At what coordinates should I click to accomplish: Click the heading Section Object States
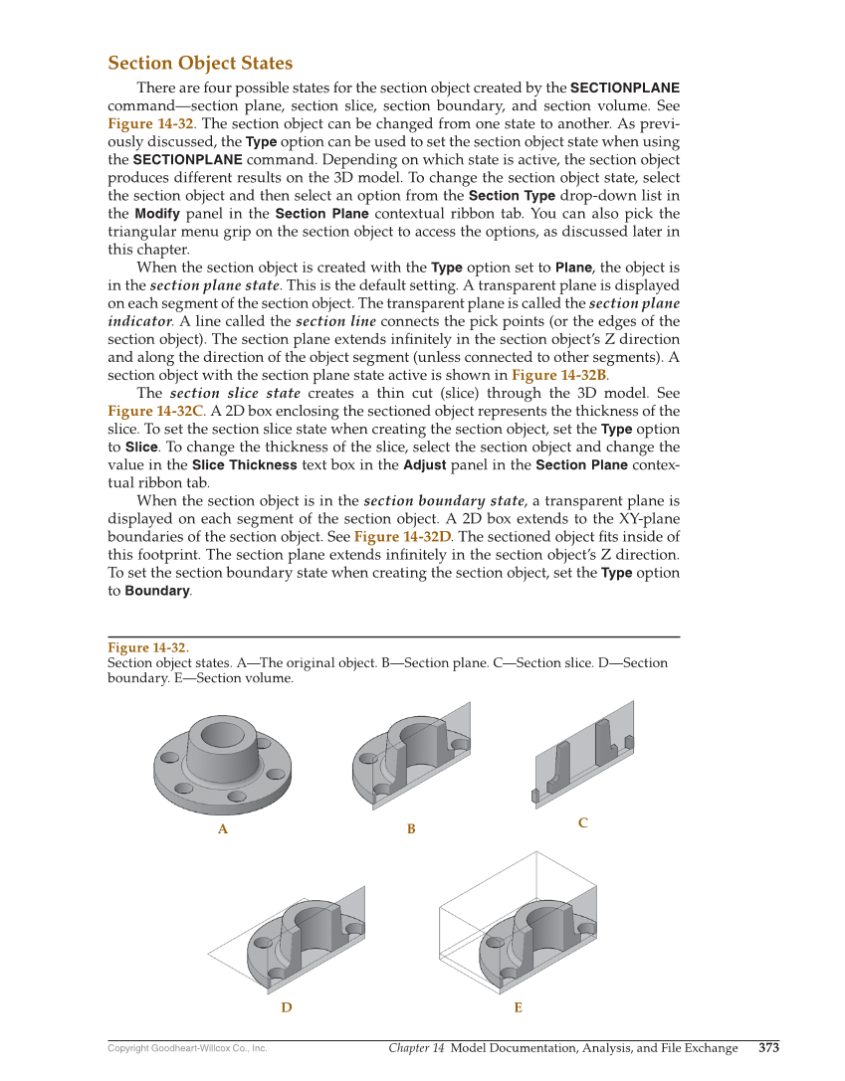click(200, 64)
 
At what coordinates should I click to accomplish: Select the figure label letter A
click(223, 829)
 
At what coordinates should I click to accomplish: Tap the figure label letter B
click(411, 829)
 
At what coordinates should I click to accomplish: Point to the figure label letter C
click(583, 822)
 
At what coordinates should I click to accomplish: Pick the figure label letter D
click(287, 1007)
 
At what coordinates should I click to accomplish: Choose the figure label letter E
click(518, 1007)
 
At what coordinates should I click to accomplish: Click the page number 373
click(768, 1048)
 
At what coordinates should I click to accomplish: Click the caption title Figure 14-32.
click(148, 648)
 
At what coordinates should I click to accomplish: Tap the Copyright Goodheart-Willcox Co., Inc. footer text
click(187, 1048)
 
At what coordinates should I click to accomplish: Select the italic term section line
click(335, 321)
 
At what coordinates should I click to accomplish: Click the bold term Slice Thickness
click(244, 465)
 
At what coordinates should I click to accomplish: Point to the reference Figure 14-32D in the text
click(402, 537)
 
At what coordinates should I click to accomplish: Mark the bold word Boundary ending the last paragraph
click(156, 591)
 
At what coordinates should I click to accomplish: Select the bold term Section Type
click(512, 196)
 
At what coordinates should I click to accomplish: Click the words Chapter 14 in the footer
click(416, 1048)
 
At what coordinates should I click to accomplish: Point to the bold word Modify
click(157, 214)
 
